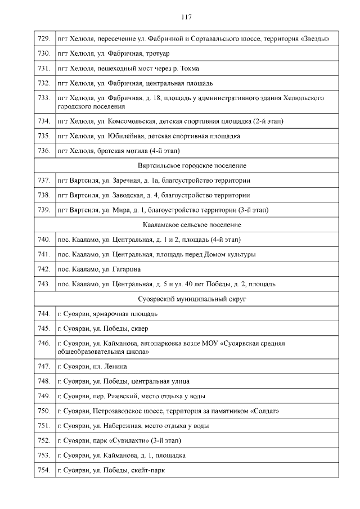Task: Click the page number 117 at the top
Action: coord(187,17)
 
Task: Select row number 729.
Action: coord(43,39)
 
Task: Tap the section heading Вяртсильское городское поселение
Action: coord(192,166)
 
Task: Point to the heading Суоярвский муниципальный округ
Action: coord(192,299)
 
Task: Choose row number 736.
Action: coord(43,151)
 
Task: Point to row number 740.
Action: coord(43,240)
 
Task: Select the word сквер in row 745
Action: coord(139,328)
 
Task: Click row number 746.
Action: coord(43,343)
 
